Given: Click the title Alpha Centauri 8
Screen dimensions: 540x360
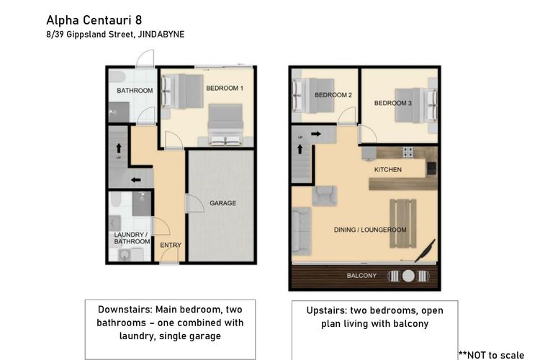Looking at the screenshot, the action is pos(94,20).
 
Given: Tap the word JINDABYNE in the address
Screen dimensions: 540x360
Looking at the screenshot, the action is pos(161,35).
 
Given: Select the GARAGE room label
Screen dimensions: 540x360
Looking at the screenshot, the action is pos(222,203).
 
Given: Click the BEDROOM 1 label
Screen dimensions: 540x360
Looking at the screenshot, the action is pos(225,88).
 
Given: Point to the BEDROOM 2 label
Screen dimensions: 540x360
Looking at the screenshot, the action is pos(333,95).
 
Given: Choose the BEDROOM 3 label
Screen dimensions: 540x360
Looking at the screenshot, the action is pos(393,103).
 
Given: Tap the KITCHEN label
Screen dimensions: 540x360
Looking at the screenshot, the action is pos(388,169).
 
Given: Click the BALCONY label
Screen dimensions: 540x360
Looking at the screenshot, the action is pos(361,276).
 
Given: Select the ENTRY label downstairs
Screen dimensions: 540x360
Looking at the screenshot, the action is pos(171,245).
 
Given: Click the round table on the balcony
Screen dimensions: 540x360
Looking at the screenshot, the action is pos(408,276).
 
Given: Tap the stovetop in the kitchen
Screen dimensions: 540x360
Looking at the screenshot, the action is pos(408,152).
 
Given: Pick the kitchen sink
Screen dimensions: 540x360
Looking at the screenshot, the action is pos(431,168).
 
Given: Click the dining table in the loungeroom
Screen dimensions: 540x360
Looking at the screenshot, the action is pos(403,223).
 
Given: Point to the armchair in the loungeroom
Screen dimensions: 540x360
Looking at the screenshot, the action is pos(325,196).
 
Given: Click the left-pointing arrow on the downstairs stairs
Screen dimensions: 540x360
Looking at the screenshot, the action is pos(135,180).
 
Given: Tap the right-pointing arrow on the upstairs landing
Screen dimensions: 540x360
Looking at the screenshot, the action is pos(316,134).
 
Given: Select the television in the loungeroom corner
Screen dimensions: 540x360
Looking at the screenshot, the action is pos(425,251).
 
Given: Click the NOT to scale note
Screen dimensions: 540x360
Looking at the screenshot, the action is pos(492,355).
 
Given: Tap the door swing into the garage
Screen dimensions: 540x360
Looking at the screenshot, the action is pos(195,204).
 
